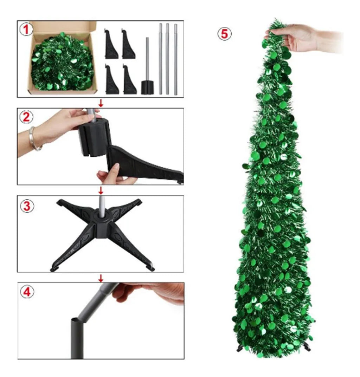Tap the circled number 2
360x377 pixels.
pyautogui.click(x=26, y=117)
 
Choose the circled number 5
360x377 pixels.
pyautogui.click(x=225, y=34)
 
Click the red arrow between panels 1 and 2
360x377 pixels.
pyautogui.click(x=101, y=103)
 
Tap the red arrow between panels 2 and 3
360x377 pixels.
pyautogui.click(x=101, y=190)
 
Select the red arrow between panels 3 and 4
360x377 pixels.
pyautogui.click(x=101, y=278)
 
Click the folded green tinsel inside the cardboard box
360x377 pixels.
pyautogui.click(x=62, y=63)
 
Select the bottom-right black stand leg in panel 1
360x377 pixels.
pyautogui.click(x=129, y=80)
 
